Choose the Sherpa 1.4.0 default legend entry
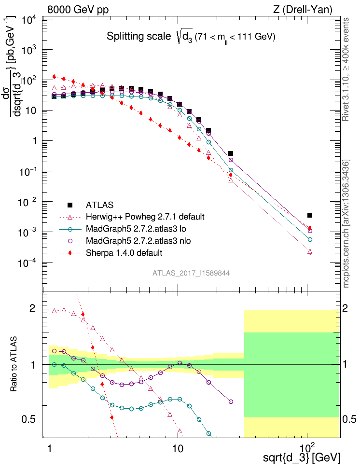124,252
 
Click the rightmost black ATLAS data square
310,215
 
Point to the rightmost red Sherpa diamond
310,228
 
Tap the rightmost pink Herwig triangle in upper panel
310,251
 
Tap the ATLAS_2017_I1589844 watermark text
191,273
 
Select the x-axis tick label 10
178,447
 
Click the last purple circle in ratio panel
231,401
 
